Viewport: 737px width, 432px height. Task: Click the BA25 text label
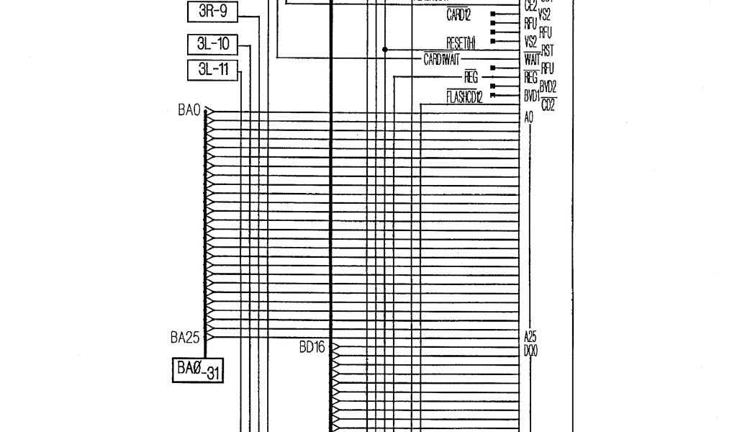pos(185,336)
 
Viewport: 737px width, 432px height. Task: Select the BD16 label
pos(312,347)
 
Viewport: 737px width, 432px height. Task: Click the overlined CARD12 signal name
pos(458,14)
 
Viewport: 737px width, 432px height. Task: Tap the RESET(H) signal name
pos(461,44)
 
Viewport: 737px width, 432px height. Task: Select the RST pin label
pos(547,50)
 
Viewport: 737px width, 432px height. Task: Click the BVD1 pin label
pos(532,94)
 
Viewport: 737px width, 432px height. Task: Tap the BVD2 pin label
pos(548,85)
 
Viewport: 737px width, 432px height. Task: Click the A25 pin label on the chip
pos(530,336)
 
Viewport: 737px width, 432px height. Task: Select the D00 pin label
pos(532,348)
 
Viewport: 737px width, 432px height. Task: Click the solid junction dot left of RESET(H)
pos(385,50)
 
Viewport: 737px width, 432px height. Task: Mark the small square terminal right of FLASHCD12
pos(493,94)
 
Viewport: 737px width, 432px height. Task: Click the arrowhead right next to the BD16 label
pos(335,348)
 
